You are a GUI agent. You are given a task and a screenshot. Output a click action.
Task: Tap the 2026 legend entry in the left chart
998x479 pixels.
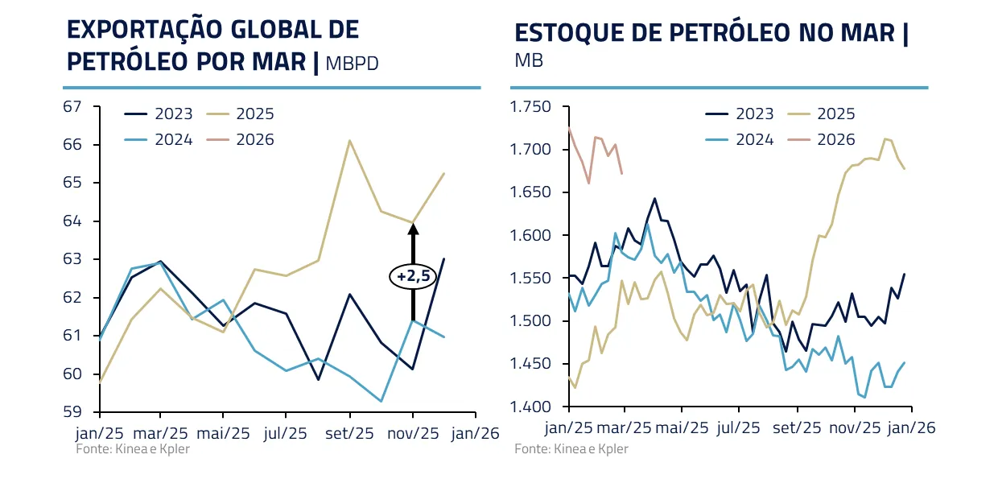[255, 140]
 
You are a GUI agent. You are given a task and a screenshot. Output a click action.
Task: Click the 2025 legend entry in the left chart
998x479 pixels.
[255, 114]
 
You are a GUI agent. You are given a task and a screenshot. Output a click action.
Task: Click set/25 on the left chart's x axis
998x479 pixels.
[350, 432]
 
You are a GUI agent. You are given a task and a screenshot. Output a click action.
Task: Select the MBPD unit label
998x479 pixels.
[352, 64]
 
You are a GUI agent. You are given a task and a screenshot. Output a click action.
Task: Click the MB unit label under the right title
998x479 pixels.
[529, 60]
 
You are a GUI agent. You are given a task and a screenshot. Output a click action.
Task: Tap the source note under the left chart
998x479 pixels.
[133, 448]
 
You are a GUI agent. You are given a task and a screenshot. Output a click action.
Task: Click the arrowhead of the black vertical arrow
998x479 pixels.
[414, 229]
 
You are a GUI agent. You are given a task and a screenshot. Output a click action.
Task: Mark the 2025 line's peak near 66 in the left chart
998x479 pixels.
[350, 140]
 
